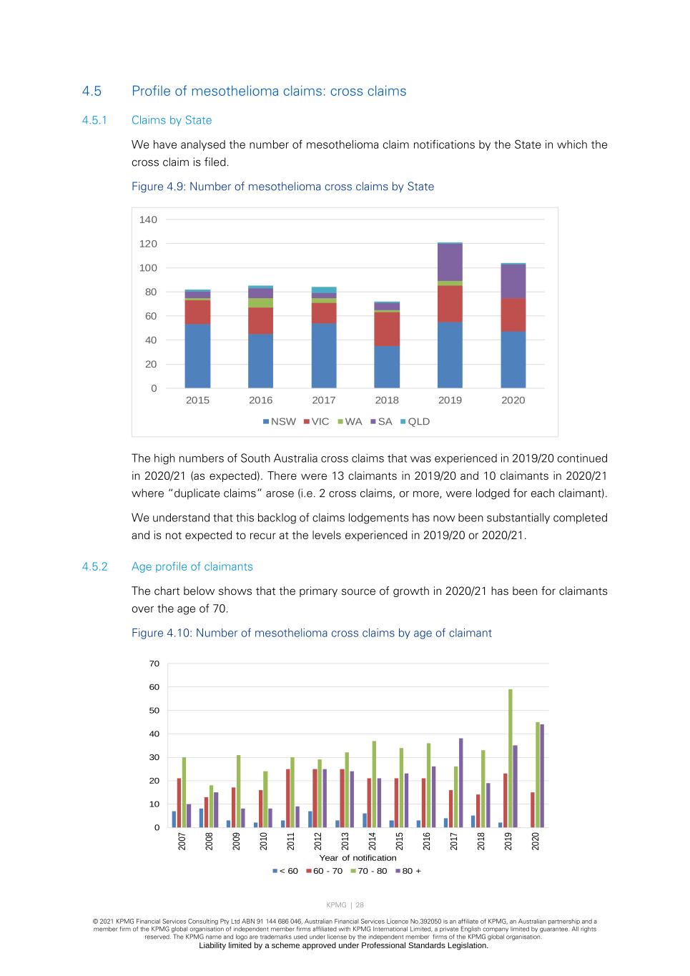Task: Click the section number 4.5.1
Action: click(94, 120)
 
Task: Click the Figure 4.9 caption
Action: click(282, 187)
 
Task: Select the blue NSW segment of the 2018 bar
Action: click(387, 366)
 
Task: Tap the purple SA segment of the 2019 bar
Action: click(450, 262)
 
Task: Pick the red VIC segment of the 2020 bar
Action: click(513, 315)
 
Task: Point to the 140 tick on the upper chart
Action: click(148, 220)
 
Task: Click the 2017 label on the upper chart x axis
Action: click(324, 400)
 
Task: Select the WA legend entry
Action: click(350, 422)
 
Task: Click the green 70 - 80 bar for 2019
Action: click(511, 758)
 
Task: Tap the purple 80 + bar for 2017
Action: click(461, 783)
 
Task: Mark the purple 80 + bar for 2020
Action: click(542, 776)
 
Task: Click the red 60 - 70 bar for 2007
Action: click(179, 802)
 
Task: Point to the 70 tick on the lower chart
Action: click(154, 664)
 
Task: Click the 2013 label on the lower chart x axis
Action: click(345, 841)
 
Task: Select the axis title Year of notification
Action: click(358, 858)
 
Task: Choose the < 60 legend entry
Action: click(285, 871)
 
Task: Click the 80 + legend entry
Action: click(408, 871)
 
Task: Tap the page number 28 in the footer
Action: click(360, 905)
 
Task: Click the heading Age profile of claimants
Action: click(192, 567)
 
